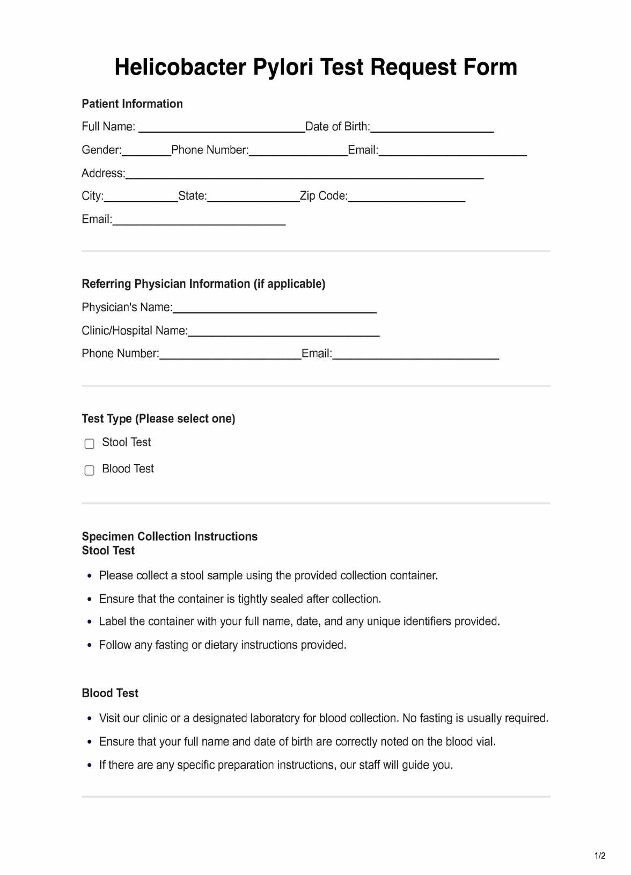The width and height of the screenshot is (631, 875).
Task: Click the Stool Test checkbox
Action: (90, 443)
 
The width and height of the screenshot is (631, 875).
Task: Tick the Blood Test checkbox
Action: (90, 470)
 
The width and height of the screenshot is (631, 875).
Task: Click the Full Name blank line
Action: (222, 127)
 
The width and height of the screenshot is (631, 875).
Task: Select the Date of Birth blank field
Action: (432, 127)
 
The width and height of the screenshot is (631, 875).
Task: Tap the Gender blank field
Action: (146, 151)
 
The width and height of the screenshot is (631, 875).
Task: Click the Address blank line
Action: (304, 174)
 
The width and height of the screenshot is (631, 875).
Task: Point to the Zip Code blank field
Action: (406, 197)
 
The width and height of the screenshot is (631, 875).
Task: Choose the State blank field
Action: (253, 197)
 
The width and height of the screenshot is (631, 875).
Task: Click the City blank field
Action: (141, 197)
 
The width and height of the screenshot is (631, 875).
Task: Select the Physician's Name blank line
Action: (275, 308)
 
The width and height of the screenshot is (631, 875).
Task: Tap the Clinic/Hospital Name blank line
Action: (284, 331)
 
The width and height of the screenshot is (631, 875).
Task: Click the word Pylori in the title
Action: (283, 68)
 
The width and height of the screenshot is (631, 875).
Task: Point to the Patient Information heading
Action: (132, 104)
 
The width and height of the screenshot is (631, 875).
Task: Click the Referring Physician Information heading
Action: (203, 283)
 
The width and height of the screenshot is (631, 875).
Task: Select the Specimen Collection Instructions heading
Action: (170, 536)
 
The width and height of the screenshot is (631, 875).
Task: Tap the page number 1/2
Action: (600, 856)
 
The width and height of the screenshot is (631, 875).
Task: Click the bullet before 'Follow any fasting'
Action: (90, 645)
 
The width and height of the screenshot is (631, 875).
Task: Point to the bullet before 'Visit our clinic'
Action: (90, 718)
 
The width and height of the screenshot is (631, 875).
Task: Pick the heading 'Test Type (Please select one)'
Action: (158, 419)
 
